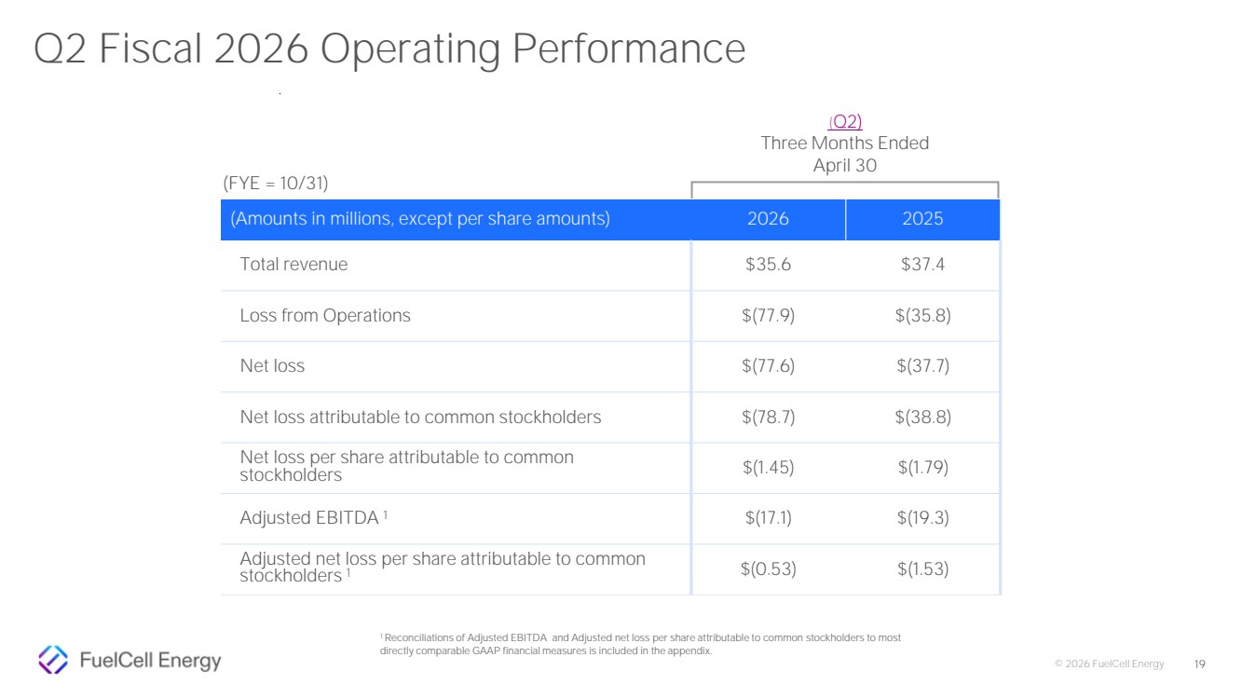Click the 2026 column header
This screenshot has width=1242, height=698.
768,218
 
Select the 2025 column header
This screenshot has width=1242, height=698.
922,218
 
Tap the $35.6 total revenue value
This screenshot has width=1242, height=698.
768,264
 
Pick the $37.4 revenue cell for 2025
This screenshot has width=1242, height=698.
922,264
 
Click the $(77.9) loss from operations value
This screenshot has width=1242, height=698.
768,316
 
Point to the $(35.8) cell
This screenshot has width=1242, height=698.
923,316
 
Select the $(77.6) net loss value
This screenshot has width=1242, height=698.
768,366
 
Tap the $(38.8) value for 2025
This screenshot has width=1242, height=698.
923,417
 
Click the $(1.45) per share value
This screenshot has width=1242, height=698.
768,468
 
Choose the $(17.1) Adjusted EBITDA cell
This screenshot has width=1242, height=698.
768,518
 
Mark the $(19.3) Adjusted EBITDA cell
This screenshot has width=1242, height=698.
923,518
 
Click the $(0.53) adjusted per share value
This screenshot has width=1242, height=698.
768,568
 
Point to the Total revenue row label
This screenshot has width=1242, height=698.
293,264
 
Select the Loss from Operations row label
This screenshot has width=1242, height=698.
325,316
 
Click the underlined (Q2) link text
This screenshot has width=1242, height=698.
845,121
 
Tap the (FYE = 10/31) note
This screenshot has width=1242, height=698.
276,183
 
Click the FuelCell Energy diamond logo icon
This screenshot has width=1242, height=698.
53,660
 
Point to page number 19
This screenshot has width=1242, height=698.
1199,664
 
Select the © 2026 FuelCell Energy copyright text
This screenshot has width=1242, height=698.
1109,664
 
